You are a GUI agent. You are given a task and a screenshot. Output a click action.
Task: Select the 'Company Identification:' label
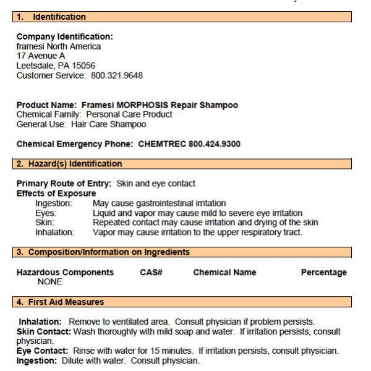tap(65, 37)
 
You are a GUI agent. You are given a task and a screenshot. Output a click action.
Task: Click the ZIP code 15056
tap(83, 66)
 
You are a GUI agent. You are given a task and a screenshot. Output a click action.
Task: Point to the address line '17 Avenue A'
tap(41, 56)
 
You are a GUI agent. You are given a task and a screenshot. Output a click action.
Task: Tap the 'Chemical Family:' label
tap(49, 114)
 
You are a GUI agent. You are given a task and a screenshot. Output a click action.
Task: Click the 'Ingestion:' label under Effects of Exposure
tap(54, 203)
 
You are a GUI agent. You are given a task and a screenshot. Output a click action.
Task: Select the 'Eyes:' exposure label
tap(46, 213)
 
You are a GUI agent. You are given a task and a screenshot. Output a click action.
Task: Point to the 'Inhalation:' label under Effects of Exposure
tap(55, 232)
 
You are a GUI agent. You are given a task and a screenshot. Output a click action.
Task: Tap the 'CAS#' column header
tap(151, 272)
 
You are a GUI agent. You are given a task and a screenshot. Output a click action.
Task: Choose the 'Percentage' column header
tap(323, 272)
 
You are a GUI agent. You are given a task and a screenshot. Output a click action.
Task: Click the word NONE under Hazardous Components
tap(50, 281)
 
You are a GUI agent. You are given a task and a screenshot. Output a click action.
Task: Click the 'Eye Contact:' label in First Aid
tap(42, 351)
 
